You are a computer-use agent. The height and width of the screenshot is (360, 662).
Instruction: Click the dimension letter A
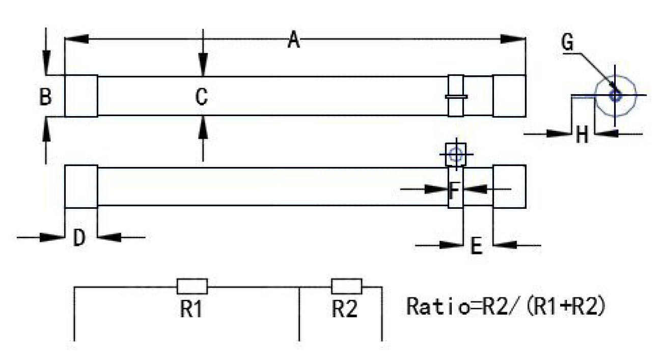[x=293, y=40]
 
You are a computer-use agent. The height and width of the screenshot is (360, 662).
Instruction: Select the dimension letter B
[x=45, y=97]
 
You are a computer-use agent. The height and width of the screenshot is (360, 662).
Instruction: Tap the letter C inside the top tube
[x=202, y=97]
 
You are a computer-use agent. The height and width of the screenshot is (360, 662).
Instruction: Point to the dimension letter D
[x=78, y=238]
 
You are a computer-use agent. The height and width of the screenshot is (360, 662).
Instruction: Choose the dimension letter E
[x=476, y=246]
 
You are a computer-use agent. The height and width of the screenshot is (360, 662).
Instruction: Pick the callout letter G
[x=567, y=43]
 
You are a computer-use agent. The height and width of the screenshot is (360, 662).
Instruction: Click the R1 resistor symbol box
[x=192, y=286]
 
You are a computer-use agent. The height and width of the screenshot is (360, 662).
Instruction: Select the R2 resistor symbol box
[x=346, y=286]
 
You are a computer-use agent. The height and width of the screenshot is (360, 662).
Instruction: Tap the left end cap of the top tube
[x=81, y=96]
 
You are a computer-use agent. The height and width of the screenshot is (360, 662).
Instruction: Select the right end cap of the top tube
[x=509, y=96]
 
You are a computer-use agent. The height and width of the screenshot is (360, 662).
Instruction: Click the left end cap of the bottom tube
[x=81, y=186]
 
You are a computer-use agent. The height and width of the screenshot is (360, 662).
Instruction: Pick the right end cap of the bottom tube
[x=509, y=186]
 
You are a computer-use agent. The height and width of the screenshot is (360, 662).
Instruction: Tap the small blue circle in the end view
[x=615, y=95]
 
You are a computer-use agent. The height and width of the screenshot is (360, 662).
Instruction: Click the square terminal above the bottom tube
[x=455, y=154]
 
